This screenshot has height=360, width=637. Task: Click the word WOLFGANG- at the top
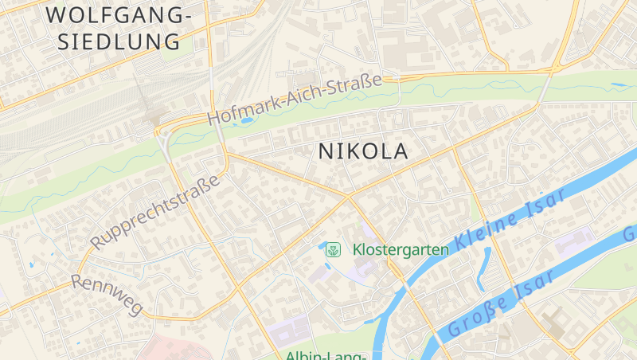pyautogui.click(x=119, y=14)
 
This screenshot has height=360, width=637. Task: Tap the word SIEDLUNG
pyautogui.click(x=119, y=41)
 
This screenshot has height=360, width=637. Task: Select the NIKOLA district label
pyautogui.click(x=363, y=151)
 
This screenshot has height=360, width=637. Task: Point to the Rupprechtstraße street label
pyautogui.click(x=154, y=213)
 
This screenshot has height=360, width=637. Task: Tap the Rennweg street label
pyautogui.click(x=106, y=295)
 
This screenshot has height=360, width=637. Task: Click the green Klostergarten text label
pyautogui.click(x=401, y=249)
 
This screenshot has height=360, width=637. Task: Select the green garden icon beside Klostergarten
pyautogui.click(x=333, y=249)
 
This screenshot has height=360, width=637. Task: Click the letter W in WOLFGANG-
pyautogui.click(x=57, y=14)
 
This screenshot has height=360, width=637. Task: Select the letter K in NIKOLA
pyautogui.click(x=356, y=151)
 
